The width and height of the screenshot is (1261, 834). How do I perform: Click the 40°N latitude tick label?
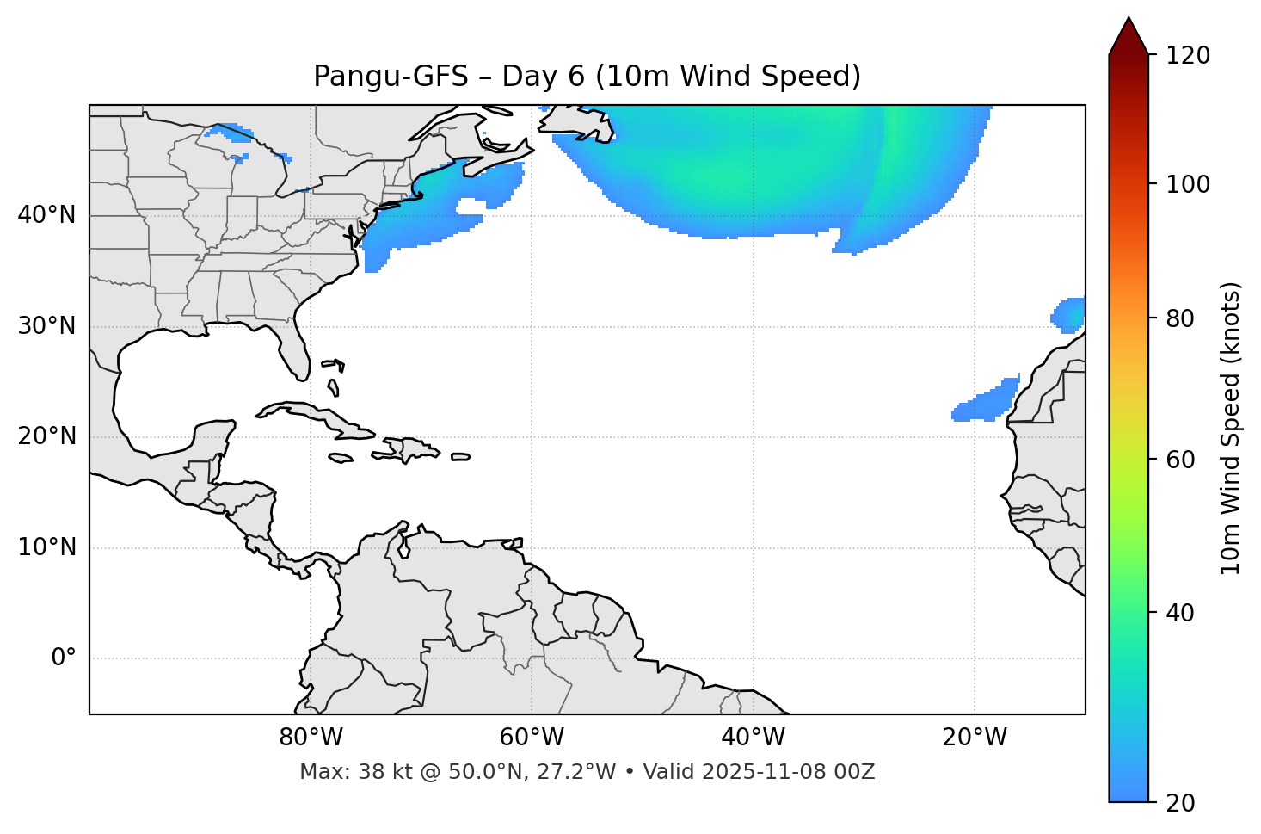click(x=46, y=215)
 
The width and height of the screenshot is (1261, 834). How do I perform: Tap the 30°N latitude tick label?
click(x=46, y=326)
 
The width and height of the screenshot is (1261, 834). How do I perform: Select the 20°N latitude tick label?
click(x=46, y=436)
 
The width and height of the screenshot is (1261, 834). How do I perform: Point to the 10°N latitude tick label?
click(x=46, y=547)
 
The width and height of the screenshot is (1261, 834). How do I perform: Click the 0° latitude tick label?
click(x=63, y=658)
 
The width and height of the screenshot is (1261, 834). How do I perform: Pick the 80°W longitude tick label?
click(x=311, y=738)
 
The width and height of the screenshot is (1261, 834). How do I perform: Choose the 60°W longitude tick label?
click(x=532, y=738)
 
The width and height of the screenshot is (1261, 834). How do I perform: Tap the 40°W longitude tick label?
click(x=753, y=738)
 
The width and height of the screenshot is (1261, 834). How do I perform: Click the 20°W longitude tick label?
click(x=975, y=738)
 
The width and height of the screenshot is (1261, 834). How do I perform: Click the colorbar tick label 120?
click(x=1187, y=55)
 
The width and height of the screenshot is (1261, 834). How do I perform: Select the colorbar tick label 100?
click(x=1187, y=184)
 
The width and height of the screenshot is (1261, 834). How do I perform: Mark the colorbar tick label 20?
click(x=1180, y=803)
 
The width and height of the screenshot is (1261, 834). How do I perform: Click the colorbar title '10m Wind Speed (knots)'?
click(x=1231, y=428)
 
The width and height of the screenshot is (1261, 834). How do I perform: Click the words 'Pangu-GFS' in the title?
click(x=391, y=77)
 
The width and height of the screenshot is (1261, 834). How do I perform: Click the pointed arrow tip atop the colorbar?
click(x=1129, y=21)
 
